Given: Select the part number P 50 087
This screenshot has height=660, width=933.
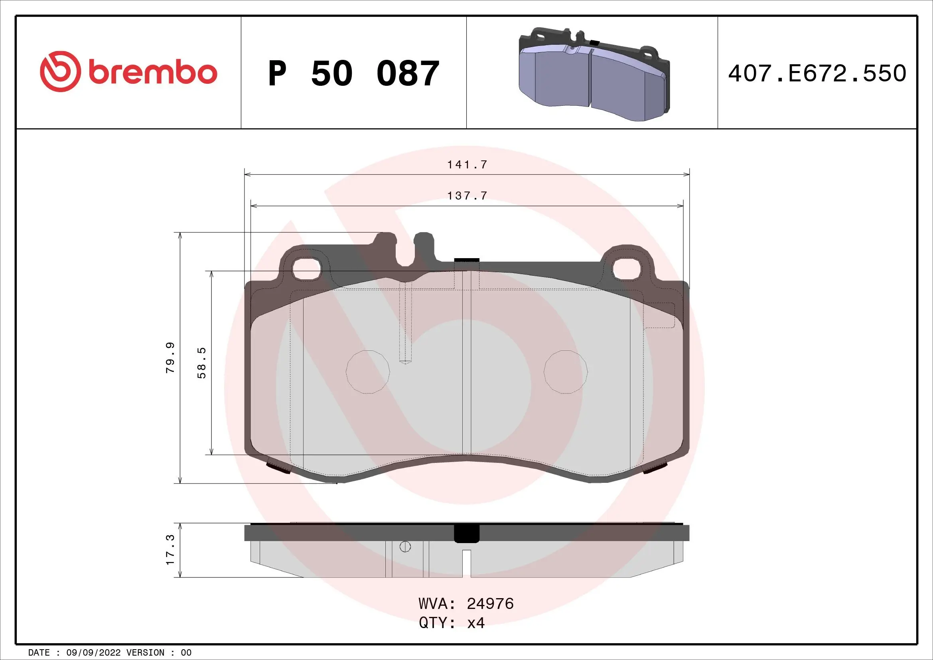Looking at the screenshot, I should pos(353,73).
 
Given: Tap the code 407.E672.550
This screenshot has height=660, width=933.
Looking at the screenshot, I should pos(817,73).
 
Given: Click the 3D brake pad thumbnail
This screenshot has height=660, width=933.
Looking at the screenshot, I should pos(594,74).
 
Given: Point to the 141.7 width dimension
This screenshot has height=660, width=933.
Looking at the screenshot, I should pos(467,164).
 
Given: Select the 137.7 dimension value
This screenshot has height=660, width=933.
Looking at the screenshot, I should pos(467,196).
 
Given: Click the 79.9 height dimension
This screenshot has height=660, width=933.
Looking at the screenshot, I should pos(170,358).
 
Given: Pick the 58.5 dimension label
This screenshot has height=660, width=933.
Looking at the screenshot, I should pos(202,363).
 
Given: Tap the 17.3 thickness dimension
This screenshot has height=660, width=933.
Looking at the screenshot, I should pos(170,550).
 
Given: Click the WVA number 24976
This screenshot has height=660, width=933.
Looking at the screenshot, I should pos(490,603).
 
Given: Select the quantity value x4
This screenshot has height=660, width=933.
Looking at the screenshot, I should pos(476,622).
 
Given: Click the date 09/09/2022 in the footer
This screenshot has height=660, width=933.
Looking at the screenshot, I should pos(93,653).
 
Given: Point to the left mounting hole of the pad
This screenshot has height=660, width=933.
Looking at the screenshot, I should pos(307,269).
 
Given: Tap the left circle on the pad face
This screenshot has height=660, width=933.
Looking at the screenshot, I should pos(368,372).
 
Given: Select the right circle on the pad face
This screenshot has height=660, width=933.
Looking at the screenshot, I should pos(566,372).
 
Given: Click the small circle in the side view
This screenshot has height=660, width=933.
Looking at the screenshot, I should pos(405,547).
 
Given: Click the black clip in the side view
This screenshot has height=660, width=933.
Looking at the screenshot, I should pos(467,534).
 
